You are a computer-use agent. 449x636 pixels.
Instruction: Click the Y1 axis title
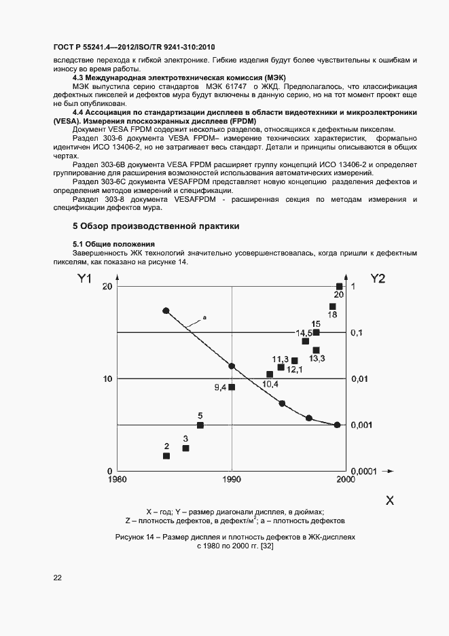pos(84,278)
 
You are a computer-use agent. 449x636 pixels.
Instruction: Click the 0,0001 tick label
pos(363,470)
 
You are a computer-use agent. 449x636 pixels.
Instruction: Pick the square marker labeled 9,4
pos(232,387)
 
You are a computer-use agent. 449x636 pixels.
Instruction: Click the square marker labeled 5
pos(200,425)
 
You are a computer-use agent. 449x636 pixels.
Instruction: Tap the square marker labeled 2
pos(166,455)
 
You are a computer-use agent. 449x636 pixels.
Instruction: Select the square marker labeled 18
pos(332,306)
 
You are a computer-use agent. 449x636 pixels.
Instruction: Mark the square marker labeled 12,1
pos(294,361)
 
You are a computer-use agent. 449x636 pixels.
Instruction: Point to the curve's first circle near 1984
pos(166,311)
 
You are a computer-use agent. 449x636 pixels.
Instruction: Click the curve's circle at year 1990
pos(232,366)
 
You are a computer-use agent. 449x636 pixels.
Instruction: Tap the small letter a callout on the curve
pos(204,317)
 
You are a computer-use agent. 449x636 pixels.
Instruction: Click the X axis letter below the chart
pos(390,500)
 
